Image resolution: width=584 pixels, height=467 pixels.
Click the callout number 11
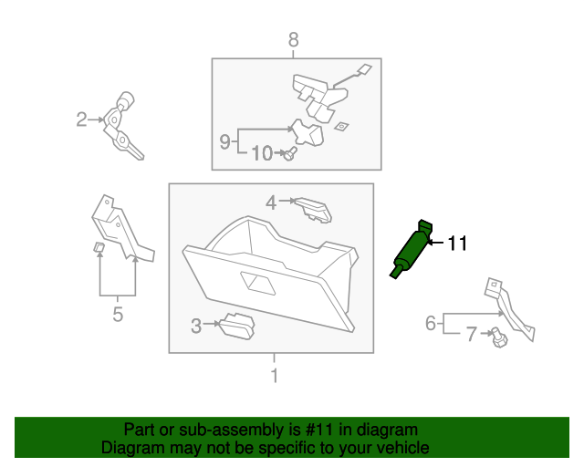click(x=457, y=243)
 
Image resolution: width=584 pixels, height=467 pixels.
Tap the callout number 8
click(x=293, y=39)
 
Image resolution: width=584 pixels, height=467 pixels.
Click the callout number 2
click(x=81, y=119)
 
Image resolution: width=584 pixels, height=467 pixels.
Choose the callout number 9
click(x=225, y=141)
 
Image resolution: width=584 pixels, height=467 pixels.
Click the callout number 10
click(x=261, y=154)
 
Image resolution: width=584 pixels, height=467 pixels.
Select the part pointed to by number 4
click(x=314, y=210)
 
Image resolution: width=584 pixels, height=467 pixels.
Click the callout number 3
click(x=196, y=325)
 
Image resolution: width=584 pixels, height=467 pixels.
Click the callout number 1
click(x=272, y=375)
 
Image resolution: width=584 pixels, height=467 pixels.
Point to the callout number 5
click(x=117, y=316)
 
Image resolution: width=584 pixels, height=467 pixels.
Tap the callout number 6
click(x=431, y=323)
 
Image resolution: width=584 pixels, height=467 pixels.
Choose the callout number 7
click(x=471, y=335)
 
